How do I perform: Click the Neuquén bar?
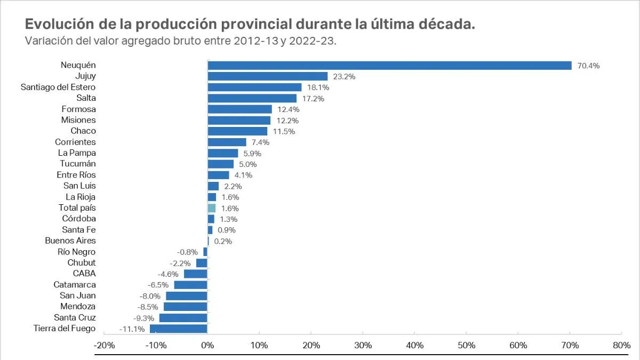pyautogui.click(x=389, y=66)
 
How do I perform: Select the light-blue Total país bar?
pyautogui.click(x=212, y=208)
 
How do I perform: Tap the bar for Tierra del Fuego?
pyautogui.click(x=178, y=329)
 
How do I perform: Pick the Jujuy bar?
pyautogui.click(x=267, y=76)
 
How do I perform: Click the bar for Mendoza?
pyautogui.click(x=185, y=307)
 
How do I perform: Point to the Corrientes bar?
pyautogui.click(x=227, y=142)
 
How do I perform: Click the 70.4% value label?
pyautogui.click(x=588, y=66)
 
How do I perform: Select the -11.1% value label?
pyautogui.click(x=132, y=329)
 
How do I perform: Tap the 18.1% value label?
pyautogui.click(x=318, y=87)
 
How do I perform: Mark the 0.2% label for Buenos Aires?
pyautogui.click(x=223, y=241)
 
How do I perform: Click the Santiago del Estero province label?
pyautogui.click(x=58, y=87)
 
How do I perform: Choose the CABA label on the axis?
pyautogui.click(x=84, y=274)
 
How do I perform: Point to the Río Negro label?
pyautogui.click(x=77, y=252)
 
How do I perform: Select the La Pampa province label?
pyautogui.click(x=77, y=153)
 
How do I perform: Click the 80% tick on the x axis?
pyautogui.click(x=621, y=345)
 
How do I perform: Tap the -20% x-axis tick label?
pyautogui.click(x=104, y=345)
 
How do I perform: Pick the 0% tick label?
pyautogui.click(x=207, y=345)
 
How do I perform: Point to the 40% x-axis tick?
pyautogui.click(x=414, y=345)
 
